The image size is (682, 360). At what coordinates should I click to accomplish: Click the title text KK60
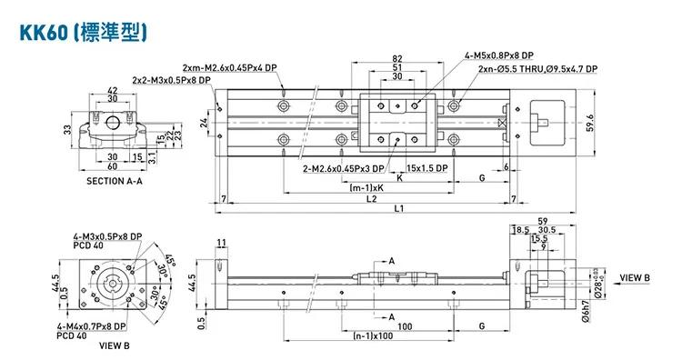pos(44,33)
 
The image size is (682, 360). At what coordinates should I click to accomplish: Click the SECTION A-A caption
pos(115,181)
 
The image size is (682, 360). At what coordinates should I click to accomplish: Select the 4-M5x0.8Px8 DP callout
pos(499,55)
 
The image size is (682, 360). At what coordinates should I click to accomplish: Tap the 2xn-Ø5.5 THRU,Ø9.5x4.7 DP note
pos(538,69)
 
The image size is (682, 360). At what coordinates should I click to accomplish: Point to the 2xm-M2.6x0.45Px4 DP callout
pos(230,68)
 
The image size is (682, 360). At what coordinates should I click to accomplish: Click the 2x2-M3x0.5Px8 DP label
pos(171,80)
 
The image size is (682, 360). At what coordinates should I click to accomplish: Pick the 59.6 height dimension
pos(590,123)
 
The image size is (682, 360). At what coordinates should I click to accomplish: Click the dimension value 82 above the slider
pos(397,58)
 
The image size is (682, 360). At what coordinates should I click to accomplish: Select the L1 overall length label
pos(399,208)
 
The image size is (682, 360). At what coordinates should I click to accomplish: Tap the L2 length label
pos(371,199)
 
